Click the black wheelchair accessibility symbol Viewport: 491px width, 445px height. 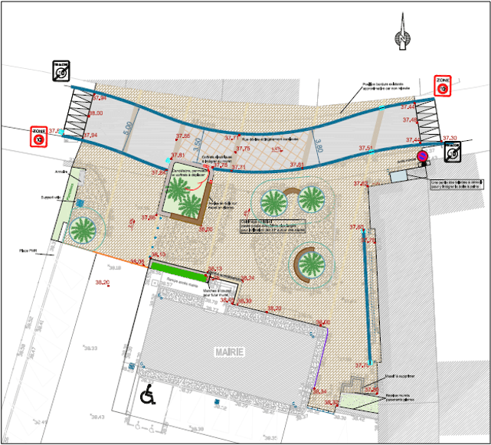(x=149, y=395)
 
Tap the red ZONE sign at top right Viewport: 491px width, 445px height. (x=442, y=86)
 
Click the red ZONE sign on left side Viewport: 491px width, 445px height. (x=39, y=136)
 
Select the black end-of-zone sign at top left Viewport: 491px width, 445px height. (x=61, y=71)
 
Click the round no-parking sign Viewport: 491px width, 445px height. (x=421, y=157)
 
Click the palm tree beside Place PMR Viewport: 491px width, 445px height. (x=82, y=229)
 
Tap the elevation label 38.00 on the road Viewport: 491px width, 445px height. (x=96, y=113)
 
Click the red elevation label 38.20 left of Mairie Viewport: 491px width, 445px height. (x=102, y=283)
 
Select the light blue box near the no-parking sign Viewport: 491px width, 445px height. (x=399, y=176)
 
